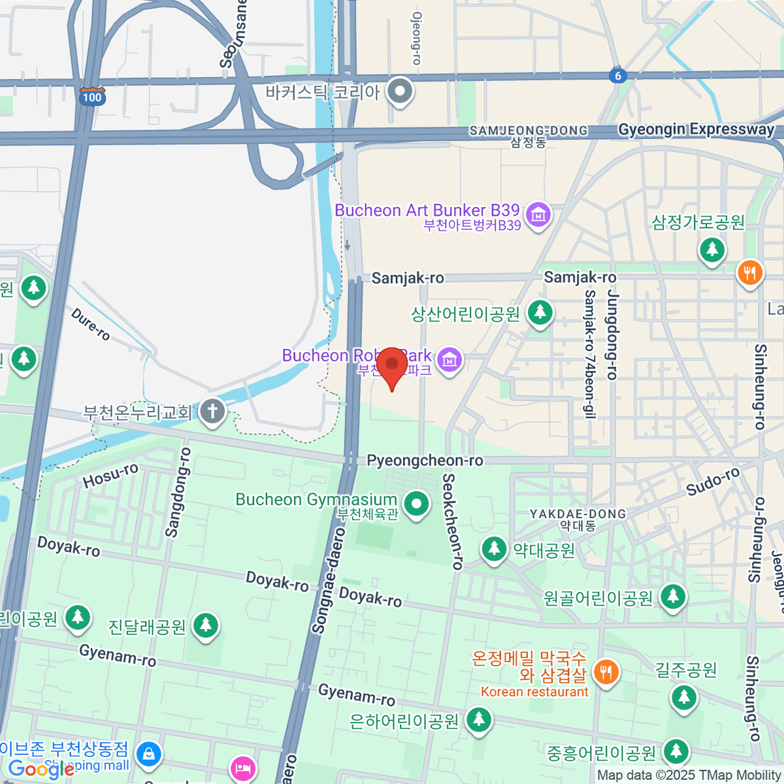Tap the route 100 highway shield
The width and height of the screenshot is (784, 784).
[x=92, y=97]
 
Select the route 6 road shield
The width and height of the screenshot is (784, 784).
[x=617, y=76]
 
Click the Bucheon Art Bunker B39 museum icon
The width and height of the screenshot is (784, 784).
[x=538, y=214]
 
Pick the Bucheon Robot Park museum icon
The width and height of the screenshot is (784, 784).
[x=449, y=359]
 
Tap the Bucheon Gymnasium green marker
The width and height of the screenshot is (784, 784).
[x=416, y=504]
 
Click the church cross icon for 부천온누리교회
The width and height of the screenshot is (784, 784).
[x=212, y=412]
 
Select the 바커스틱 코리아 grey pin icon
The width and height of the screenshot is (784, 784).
[x=400, y=91]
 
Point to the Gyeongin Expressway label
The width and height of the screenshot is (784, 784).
[x=696, y=129]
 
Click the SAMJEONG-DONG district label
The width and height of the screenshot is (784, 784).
[x=528, y=131]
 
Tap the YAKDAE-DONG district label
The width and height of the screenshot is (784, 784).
[x=578, y=514]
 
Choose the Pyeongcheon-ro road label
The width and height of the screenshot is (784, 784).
[x=425, y=461]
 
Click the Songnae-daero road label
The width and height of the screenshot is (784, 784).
[x=329, y=591]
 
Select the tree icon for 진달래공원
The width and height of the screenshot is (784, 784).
[x=206, y=625]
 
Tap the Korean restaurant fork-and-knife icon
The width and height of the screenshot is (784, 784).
[x=606, y=672]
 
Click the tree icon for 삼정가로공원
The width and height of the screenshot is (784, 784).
[x=712, y=250]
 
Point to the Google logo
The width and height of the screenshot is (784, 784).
[x=41, y=769]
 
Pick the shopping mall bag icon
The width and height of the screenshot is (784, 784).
[x=149, y=753]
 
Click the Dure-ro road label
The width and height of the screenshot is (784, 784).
[x=90, y=324]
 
